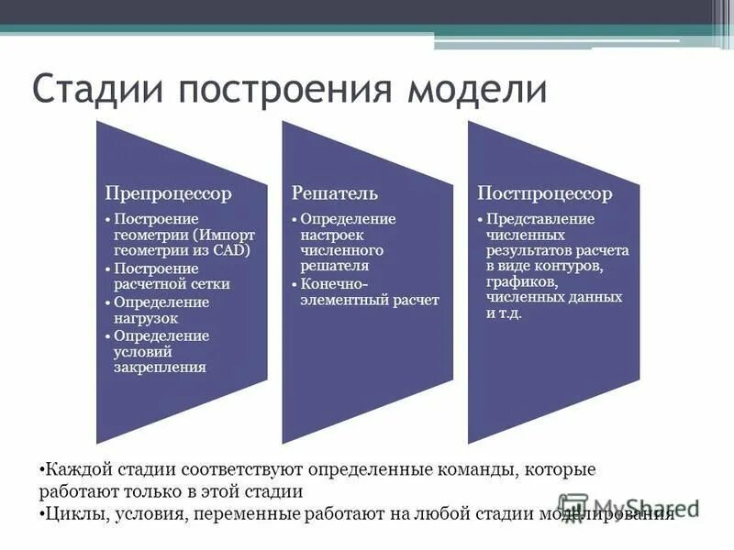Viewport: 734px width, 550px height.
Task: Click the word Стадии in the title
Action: pyautogui.click(x=98, y=92)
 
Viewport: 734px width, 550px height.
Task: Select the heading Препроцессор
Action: pyautogui.click(x=168, y=193)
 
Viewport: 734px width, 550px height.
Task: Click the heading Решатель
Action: pyautogui.click(x=335, y=193)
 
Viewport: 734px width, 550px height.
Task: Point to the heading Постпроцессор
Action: pyautogui.click(x=545, y=193)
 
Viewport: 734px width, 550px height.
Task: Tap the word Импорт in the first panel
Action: pyautogui.click(x=230, y=235)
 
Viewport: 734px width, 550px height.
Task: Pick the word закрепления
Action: pyautogui.click(x=160, y=368)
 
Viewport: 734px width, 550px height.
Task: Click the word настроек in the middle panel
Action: pyautogui.click(x=331, y=235)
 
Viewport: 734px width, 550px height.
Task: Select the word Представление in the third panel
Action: pyautogui.click(x=540, y=218)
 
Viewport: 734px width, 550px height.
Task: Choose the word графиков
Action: pyautogui.click(x=520, y=281)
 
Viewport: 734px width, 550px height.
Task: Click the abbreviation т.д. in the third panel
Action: pyautogui.click(x=511, y=313)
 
